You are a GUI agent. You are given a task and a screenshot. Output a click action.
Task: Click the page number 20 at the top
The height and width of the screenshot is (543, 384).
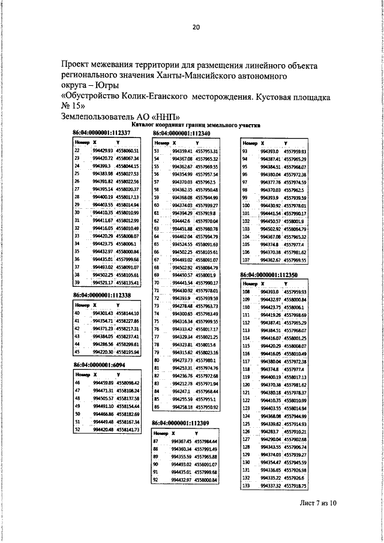pos(196,26)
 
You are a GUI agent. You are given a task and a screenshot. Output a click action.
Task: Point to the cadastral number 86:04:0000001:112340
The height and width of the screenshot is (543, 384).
pos(181,134)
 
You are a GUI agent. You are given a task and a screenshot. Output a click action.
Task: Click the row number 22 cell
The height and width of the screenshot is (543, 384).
pos(77,150)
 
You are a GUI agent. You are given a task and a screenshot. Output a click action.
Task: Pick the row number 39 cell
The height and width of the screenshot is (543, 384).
pos(77,283)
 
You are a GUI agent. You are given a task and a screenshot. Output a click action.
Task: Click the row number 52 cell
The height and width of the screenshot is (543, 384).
pos(77,430)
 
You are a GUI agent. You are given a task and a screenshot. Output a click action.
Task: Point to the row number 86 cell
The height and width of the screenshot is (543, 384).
pos(157,407)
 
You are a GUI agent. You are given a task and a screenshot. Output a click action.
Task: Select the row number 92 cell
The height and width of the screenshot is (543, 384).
pos(157,480)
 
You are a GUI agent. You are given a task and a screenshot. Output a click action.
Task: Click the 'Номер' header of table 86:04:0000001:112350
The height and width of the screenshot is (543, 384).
pos(250,284)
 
